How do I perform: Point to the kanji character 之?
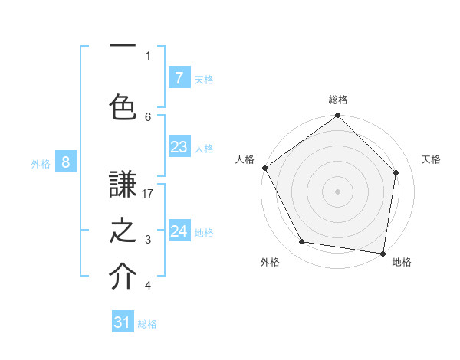coord(123,232)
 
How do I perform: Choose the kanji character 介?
coord(123,277)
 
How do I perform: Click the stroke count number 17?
coord(149,194)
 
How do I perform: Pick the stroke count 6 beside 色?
coord(148,116)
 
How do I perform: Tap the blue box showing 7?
coord(179,78)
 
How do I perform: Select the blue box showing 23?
coord(179,148)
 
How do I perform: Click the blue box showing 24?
coord(179,231)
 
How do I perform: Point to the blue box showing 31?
coord(123,323)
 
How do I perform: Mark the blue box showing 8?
coord(66,162)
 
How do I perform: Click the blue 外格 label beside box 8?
coord(41,163)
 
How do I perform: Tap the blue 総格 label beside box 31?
coord(147,324)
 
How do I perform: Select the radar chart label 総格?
coord(338,100)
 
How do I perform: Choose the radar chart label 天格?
coord(431,159)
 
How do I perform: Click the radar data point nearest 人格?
coord(264,168)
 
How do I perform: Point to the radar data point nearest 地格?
coord(383,252)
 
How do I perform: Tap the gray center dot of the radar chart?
coord(337,191)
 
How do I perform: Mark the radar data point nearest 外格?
coord(301,242)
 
